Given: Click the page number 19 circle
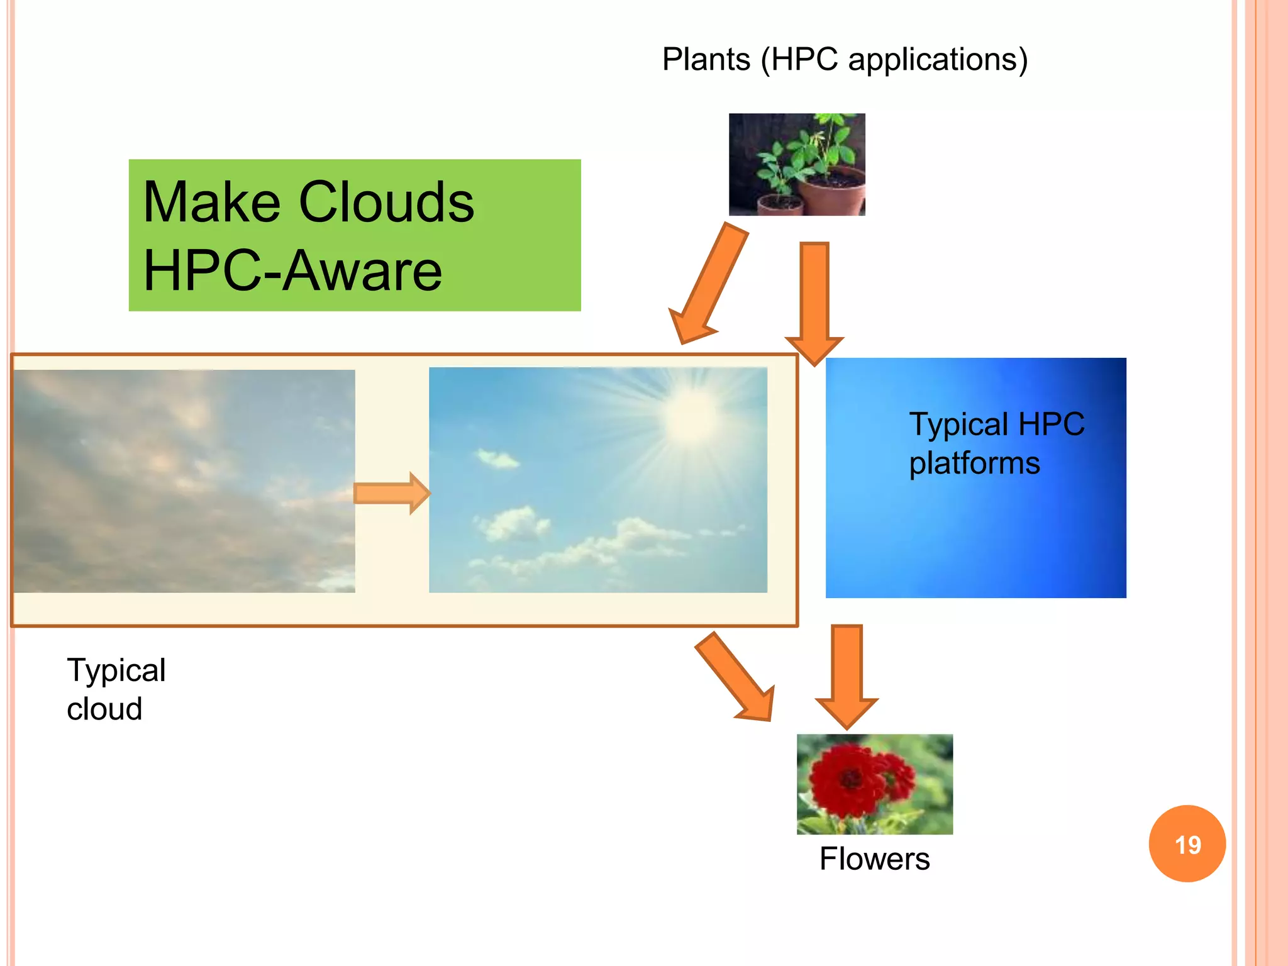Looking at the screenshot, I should (1187, 844).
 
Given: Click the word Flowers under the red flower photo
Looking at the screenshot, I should (874, 859).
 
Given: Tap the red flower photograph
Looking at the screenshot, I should (874, 784).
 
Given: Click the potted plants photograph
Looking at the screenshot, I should (797, 165).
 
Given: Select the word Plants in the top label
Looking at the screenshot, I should (706, 60).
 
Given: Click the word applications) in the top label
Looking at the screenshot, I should (938, 60).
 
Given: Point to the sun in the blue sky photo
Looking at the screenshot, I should (691, 415).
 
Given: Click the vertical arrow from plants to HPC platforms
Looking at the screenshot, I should (814, 302).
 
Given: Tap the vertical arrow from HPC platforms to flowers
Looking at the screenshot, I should (847, 676).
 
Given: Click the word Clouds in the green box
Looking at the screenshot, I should (386, 203).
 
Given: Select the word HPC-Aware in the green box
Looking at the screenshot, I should (293, 271).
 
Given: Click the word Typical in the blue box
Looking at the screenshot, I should (959, 425).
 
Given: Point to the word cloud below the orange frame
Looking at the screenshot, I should (104, 709).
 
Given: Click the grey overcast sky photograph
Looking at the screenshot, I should (184, 481).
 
